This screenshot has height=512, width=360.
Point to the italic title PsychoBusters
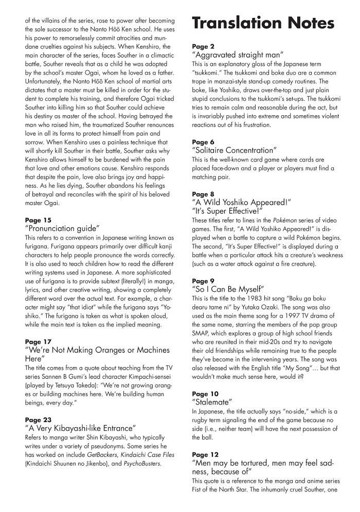tap(141, 463)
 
